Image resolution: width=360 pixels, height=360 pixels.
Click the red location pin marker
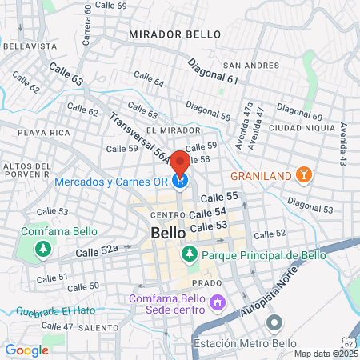click(180, 162)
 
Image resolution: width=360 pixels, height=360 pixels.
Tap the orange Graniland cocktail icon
click(303, 174)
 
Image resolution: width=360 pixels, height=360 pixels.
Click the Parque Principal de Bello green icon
click(190, 255)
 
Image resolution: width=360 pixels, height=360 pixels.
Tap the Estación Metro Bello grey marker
click(274, 324)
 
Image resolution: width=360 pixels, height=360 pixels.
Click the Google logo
click(26, 350)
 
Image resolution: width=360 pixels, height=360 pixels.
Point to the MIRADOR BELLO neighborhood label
click(169, 36)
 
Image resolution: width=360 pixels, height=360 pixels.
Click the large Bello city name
click(168, 233)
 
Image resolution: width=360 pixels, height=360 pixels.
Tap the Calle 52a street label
click(97, 251)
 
